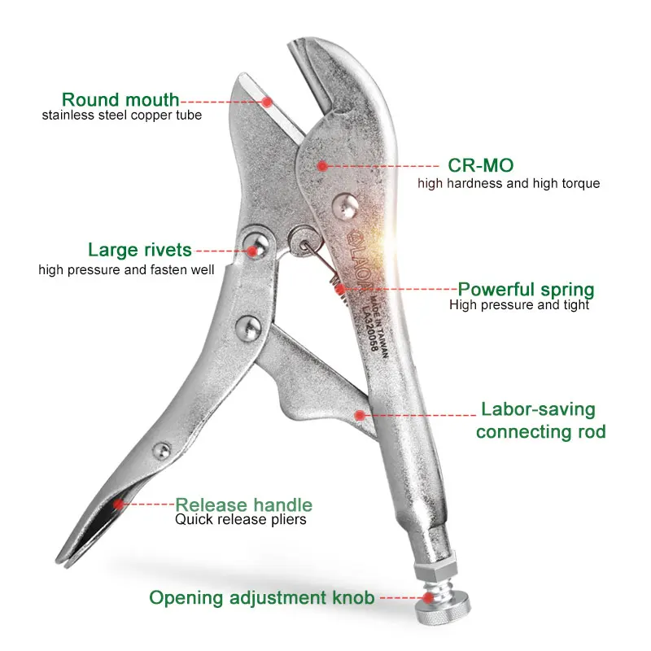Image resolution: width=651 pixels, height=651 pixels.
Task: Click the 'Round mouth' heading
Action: coord(120,100)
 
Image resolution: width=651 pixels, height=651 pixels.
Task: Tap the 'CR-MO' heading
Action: coord(481,165)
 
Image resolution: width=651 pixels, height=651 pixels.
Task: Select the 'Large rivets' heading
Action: coord(140,250)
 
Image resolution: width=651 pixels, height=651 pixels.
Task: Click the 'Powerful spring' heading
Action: coord(526,290)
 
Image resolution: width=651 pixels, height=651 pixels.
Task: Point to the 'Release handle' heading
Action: coord(243,505)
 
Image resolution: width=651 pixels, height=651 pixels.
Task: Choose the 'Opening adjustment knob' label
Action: coord(262,598)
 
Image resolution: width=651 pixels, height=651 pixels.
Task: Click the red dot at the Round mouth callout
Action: coord(268,102)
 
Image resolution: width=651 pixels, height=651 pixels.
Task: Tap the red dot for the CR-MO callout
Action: coord(322,166)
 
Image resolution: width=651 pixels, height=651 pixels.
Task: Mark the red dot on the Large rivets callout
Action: coord(252,251)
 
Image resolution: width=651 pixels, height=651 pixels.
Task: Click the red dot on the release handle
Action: coord(119,504)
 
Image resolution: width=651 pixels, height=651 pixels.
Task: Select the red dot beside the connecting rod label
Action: coord(360,415)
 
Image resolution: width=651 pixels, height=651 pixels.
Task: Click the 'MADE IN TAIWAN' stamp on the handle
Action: coord(379,327)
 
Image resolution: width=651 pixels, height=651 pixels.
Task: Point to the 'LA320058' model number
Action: coord(369,329)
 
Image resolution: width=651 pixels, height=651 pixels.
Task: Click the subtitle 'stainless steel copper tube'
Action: coord(121,115)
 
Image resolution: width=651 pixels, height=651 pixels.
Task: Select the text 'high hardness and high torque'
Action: coord(509,183)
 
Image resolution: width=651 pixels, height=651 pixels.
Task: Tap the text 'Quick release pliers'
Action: coord(240,519)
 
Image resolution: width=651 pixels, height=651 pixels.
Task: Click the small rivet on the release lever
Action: coord(161,451)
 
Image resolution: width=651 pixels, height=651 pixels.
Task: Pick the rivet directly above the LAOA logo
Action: coord(345,207)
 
